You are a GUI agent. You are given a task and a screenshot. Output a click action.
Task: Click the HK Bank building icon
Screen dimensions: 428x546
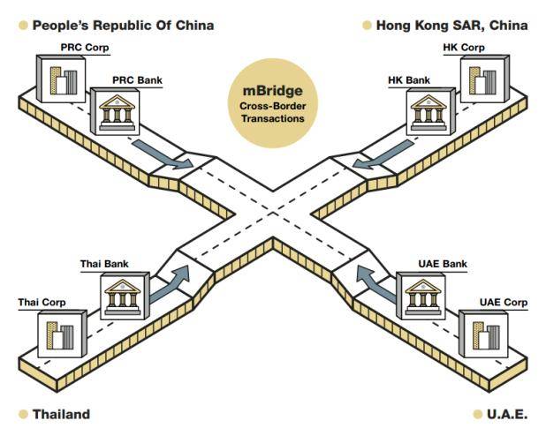coord(426,111)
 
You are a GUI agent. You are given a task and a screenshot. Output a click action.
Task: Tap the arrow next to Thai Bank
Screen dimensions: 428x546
coord(171,284)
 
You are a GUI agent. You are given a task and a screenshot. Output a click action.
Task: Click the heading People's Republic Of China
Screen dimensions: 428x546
coord(123,26)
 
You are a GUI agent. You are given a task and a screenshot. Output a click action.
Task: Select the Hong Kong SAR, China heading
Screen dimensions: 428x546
coord(451,26)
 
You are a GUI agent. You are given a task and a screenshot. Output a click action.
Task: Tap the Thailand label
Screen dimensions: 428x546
coord(61,413)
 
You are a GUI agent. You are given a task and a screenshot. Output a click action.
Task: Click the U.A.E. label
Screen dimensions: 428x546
coord(507,413)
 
